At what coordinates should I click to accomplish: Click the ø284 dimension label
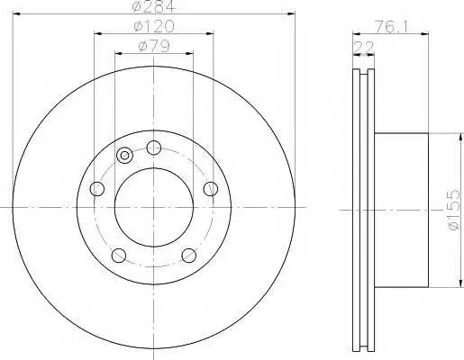(153, 6)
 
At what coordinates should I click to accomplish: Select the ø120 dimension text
(154, 26)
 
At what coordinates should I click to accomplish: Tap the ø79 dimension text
(154, 46)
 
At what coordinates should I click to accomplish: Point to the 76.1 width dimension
(390, 28)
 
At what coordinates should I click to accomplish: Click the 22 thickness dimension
(364, 48)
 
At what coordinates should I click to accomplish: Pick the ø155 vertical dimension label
(453, 210)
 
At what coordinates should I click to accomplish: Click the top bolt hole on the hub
(154, 148)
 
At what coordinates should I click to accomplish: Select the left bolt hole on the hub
(97, 189)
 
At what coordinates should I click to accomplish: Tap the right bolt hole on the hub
(210, 189)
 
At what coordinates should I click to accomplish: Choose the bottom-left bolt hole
(119, 256)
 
